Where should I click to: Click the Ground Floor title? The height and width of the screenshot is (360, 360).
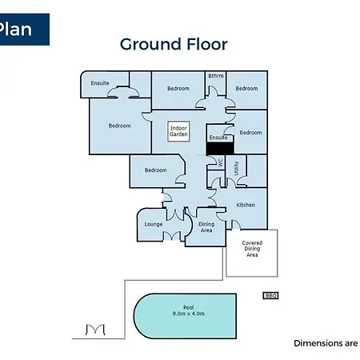tap(174, 44)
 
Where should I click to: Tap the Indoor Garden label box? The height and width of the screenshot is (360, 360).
tap(178, 131)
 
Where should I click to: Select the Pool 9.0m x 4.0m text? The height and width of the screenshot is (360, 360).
tap(189, 310)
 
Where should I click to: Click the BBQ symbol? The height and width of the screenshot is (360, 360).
tap(270, 295)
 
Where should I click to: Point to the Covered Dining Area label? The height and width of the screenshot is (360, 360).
tap(252, 249)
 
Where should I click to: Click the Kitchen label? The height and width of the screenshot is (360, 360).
tap(246, 205)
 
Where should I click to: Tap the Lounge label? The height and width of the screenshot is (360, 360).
tap(154, 224)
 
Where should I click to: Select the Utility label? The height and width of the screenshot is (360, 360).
tap(236, 168)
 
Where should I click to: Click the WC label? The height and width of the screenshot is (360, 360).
tap(221, 163)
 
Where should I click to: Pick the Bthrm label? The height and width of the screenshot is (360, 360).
tap(216, 76)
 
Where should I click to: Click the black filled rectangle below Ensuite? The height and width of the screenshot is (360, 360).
tap(220, 149)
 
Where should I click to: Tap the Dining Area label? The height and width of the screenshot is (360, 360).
tap(206, 227)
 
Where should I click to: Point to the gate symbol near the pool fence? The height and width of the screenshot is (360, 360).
tap(95, 330)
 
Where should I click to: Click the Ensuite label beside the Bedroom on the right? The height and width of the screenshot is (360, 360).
tap(218, 138)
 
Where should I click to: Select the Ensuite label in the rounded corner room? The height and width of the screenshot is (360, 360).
tap(100, 83)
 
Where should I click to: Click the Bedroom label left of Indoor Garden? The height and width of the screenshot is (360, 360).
tap(119, 126)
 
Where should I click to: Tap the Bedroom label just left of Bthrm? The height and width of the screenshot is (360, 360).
tap(178, 89)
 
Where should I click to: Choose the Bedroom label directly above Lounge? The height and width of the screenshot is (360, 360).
tap(156, 170)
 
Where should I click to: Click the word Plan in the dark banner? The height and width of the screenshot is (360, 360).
tap(15, 29)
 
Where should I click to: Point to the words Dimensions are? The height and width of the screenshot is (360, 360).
tap(326, 343)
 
